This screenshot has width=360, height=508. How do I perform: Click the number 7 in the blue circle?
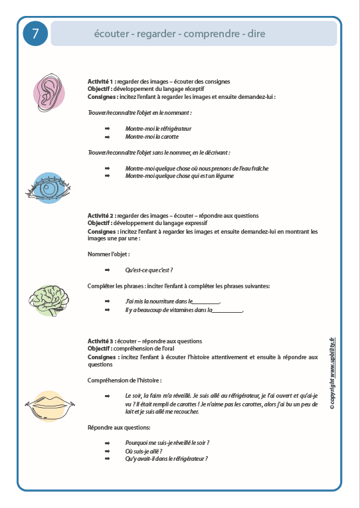(x=35, y=34)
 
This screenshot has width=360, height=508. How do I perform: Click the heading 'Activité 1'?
(x=101, y=82)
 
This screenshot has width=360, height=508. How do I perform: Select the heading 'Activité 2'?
(x=101, y=216)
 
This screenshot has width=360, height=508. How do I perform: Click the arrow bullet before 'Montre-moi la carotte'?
(x=106, y=137)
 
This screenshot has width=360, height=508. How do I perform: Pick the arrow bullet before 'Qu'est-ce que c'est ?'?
(x=106, y=270)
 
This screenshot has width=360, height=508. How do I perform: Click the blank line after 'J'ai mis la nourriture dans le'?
(x=205, y=301)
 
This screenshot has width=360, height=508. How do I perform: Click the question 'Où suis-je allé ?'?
(x=144, y=450)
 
